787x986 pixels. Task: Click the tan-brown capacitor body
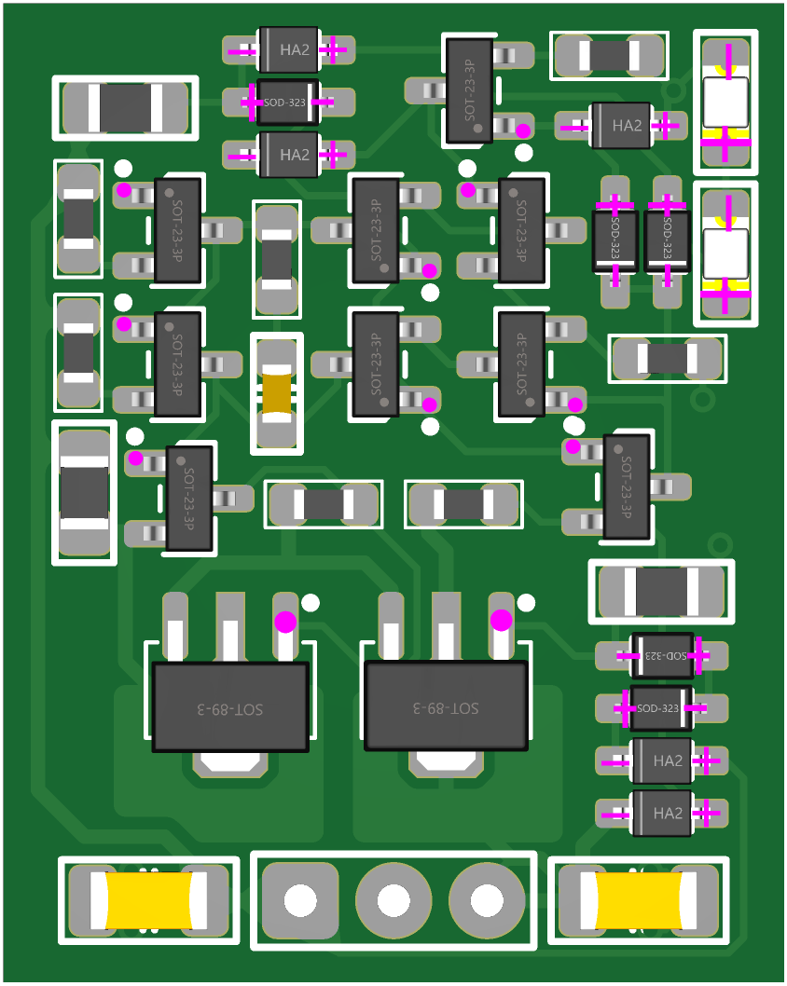click(277, 393)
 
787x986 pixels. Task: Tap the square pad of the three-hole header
click(300, 899)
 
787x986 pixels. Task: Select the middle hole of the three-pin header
click(393, 899)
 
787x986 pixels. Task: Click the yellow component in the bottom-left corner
click(148, 900)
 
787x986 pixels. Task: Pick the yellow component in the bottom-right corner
click(638, 900)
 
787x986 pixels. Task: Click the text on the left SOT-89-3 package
click(230, 708)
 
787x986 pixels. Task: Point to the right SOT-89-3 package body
click(446, 705)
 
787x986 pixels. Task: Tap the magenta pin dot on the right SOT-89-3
click(501, 620)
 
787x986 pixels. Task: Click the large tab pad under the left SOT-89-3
click(230, 761)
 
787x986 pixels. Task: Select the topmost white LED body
click(725, 103)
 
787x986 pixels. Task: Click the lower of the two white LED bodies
click(725, 253)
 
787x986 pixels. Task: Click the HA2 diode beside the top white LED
click(621, 126)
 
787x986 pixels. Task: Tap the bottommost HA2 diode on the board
click(661, 813)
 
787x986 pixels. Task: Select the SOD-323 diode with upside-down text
click(662, 655)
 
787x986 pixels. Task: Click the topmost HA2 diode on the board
click(289, 49)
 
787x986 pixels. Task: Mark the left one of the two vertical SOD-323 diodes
click(615, 241)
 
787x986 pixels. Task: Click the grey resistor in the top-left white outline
click(125, 108)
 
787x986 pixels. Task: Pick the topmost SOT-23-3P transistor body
click(469, 90)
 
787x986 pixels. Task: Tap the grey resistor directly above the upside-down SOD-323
click(661, 591)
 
